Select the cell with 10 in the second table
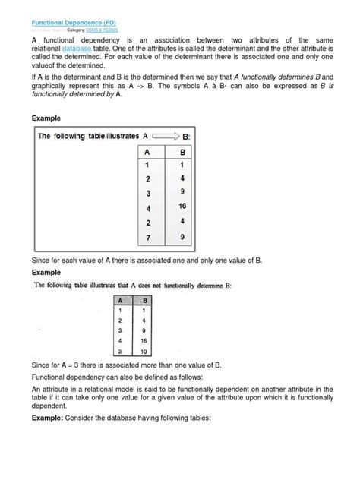pyautogui.click(x=142, y=351)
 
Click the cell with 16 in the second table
pyautogui.click(x=142, y=341)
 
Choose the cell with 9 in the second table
pyautogui.click(x=142, y=330)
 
